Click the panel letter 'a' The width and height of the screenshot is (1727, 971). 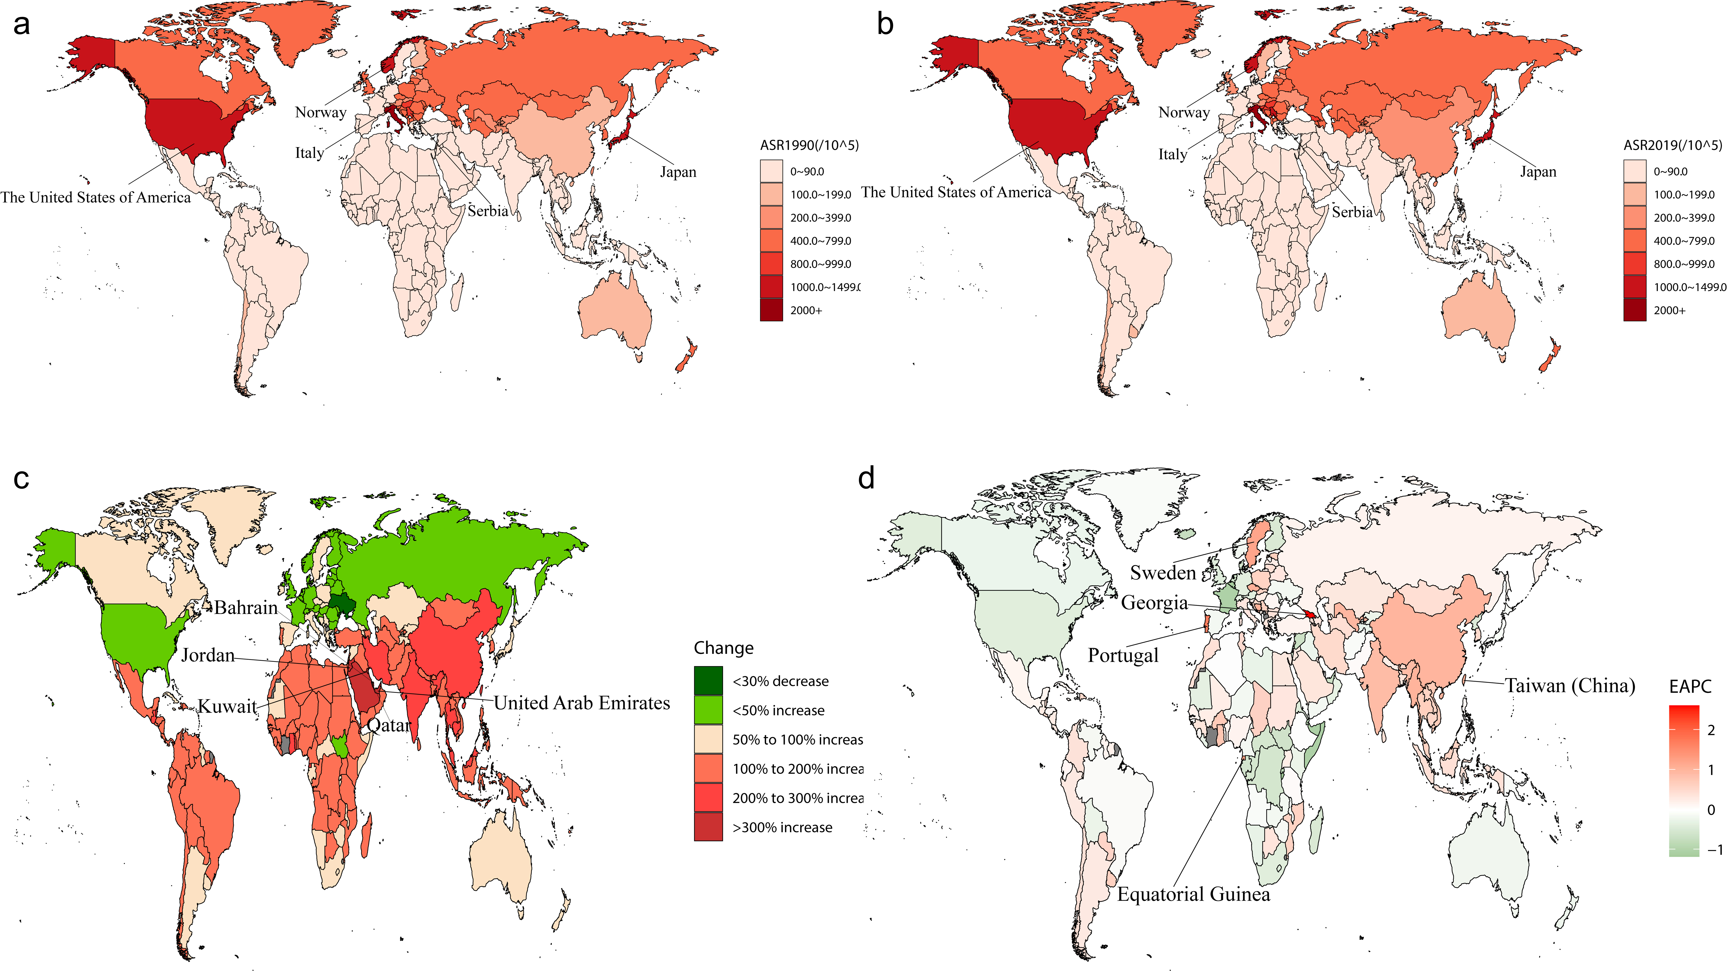(x=22, y=25)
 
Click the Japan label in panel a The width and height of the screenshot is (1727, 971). (x=678, y=172)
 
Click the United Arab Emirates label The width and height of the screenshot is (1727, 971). (x=582, y=703)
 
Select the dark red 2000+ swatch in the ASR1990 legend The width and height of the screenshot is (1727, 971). (x=771, y=310)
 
